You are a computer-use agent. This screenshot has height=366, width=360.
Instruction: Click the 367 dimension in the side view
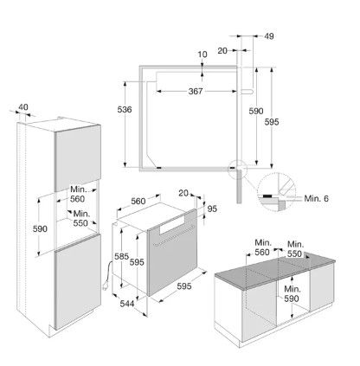coord(196,91)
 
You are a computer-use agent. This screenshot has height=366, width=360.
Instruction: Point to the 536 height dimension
coord(125,109)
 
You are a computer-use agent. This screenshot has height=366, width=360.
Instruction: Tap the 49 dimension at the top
coord(269,36)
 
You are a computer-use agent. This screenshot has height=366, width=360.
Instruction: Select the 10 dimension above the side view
coord(202,55)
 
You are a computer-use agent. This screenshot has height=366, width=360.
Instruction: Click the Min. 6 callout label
coord(317,198)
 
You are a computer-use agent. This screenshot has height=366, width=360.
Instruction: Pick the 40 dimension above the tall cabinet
coord(23,107)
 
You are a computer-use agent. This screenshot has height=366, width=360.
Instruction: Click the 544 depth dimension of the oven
coord(127,304)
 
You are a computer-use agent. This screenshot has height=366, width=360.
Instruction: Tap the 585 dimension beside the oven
coord(121,256)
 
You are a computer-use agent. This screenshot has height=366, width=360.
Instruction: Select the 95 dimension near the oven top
coord(212,209)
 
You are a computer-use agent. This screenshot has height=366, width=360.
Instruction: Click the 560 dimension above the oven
coord(138,201)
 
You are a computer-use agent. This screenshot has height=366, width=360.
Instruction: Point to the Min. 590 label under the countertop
coord(292,293)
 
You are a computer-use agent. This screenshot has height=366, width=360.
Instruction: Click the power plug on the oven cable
coord(106,286)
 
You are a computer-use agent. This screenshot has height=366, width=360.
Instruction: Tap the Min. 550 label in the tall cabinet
coord(81,218)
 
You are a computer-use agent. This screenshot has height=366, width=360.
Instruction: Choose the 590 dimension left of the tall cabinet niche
coord(40,229)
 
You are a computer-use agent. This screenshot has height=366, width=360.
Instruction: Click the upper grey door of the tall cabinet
coord(78,158)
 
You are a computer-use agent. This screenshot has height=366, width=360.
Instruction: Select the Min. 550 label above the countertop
coord(295,249)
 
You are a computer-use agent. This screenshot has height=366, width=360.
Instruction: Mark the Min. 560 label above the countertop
coord(262,247)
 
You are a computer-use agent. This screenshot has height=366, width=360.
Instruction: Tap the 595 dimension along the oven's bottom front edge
coord(184,286)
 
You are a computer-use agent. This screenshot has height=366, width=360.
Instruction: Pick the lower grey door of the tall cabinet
coord(78,281)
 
